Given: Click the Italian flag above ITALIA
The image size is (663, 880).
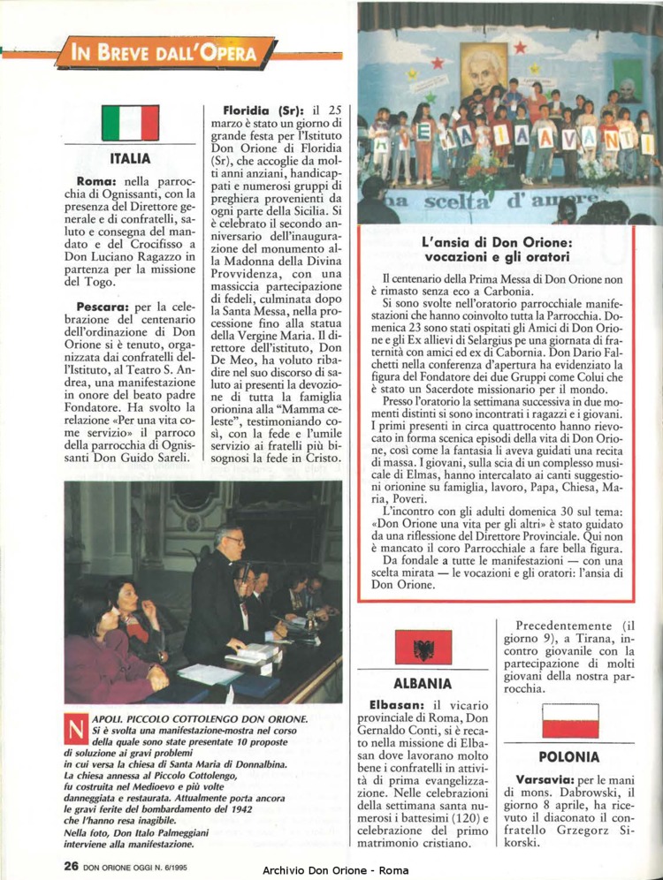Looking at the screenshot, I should pyautogui.click(x=130, y=124).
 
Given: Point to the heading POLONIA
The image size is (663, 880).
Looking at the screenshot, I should pyautogui.click(x=569, y=757).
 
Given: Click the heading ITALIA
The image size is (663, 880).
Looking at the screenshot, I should pyautogui.click(x=130, y=159).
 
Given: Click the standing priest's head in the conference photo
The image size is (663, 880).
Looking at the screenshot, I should pyautogui.click(x=232, y=536).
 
